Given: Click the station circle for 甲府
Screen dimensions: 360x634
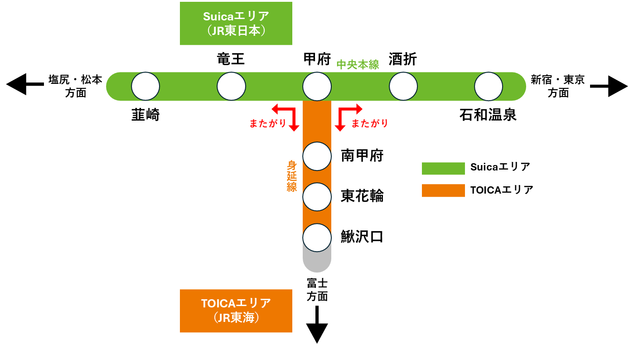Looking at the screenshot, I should coord(317,86).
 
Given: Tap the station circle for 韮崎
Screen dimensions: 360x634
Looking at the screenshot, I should coord(145,86).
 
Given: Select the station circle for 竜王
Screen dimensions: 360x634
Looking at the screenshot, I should coord(231,86).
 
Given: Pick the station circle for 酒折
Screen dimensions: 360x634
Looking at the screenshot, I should coord(403,86).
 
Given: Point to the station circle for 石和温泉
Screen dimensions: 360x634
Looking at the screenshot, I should coord(489,86).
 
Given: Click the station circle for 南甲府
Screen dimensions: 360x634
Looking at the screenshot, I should coord(317,156).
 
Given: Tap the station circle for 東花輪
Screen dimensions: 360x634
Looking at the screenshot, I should coord(317,197).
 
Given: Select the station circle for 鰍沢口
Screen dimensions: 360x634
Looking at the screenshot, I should coord(317,238).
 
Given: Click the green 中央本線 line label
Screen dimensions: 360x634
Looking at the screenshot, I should coord(358,65).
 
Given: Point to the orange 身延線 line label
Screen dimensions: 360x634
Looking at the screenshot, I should coord(292,176).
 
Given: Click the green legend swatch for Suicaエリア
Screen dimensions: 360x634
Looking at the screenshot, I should coord(443,168).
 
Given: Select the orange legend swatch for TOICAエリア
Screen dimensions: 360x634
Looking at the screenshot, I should coord(443,190).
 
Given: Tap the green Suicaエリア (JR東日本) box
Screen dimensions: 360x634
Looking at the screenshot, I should coord(236,24).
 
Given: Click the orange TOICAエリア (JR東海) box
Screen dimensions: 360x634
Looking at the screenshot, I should coord(236,311).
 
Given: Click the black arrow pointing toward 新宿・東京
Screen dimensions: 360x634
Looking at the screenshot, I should coord(610,86).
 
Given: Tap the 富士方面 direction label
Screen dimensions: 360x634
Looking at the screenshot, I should coord(317,290).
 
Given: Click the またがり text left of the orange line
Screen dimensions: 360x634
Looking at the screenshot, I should coord(268,123).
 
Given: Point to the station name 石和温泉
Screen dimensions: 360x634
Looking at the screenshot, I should coord(488,115).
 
